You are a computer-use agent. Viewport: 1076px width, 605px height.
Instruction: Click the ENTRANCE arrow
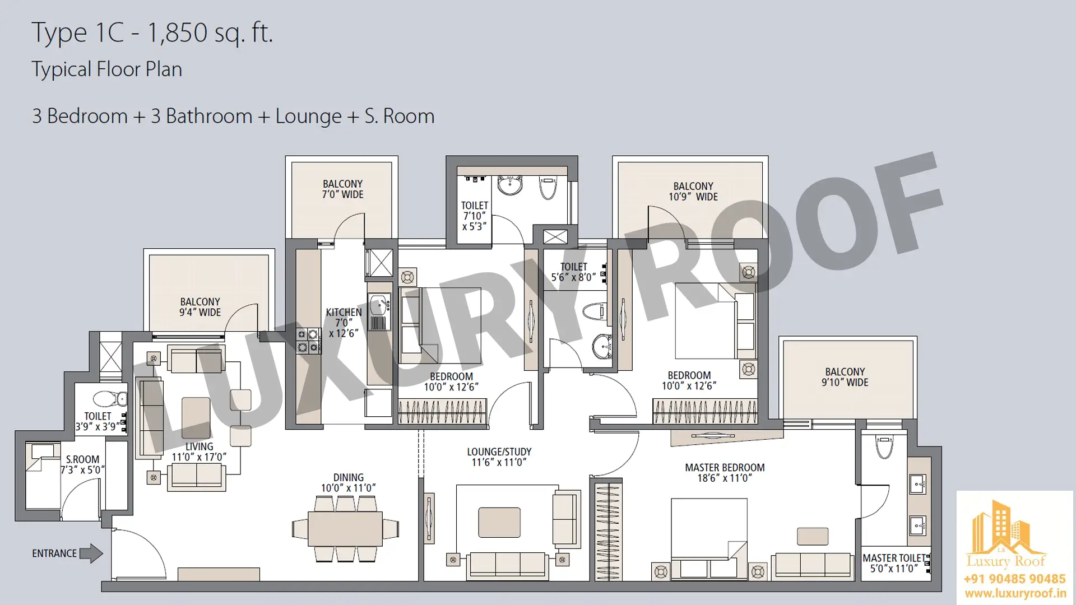tap(91, 553)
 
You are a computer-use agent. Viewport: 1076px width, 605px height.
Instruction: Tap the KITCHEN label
tap(344, 323)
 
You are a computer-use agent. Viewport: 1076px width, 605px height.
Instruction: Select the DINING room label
tap(348, 482)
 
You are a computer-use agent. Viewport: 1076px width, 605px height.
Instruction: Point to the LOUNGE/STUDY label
tap(499, 457)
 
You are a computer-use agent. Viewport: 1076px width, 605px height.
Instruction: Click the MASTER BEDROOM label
tap(725, 473)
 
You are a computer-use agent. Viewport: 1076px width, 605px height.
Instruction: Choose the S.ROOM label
tap(82, 464)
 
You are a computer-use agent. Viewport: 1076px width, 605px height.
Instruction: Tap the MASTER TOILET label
tap(894, 563)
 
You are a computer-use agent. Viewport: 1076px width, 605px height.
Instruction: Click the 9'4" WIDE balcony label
tap(200, 307)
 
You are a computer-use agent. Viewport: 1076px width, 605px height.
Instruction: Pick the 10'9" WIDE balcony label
tap(693, 192)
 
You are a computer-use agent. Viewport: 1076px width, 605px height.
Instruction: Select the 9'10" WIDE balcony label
tap(845, 377)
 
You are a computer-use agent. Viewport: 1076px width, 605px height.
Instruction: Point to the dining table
tap(345, 528)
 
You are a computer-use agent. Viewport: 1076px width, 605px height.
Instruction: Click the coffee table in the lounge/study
tap(499, 522)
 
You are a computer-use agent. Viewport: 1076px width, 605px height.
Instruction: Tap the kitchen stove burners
tap(308, 341)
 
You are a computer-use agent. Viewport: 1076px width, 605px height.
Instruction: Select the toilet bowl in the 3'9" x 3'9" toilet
tap(110, 399)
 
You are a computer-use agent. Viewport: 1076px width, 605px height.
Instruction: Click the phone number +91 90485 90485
tap(1015, 579)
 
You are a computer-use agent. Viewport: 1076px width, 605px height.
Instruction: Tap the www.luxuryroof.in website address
tap(1015, 593)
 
